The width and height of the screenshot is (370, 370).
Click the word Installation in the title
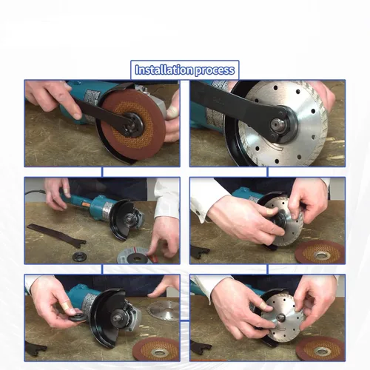click(164, 70)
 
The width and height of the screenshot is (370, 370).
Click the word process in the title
click(215, 70)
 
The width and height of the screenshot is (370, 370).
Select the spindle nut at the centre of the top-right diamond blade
click(276, 125)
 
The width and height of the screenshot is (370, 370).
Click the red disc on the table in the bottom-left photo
click(156, 350)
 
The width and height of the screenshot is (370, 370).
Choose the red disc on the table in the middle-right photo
click(320, 252)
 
